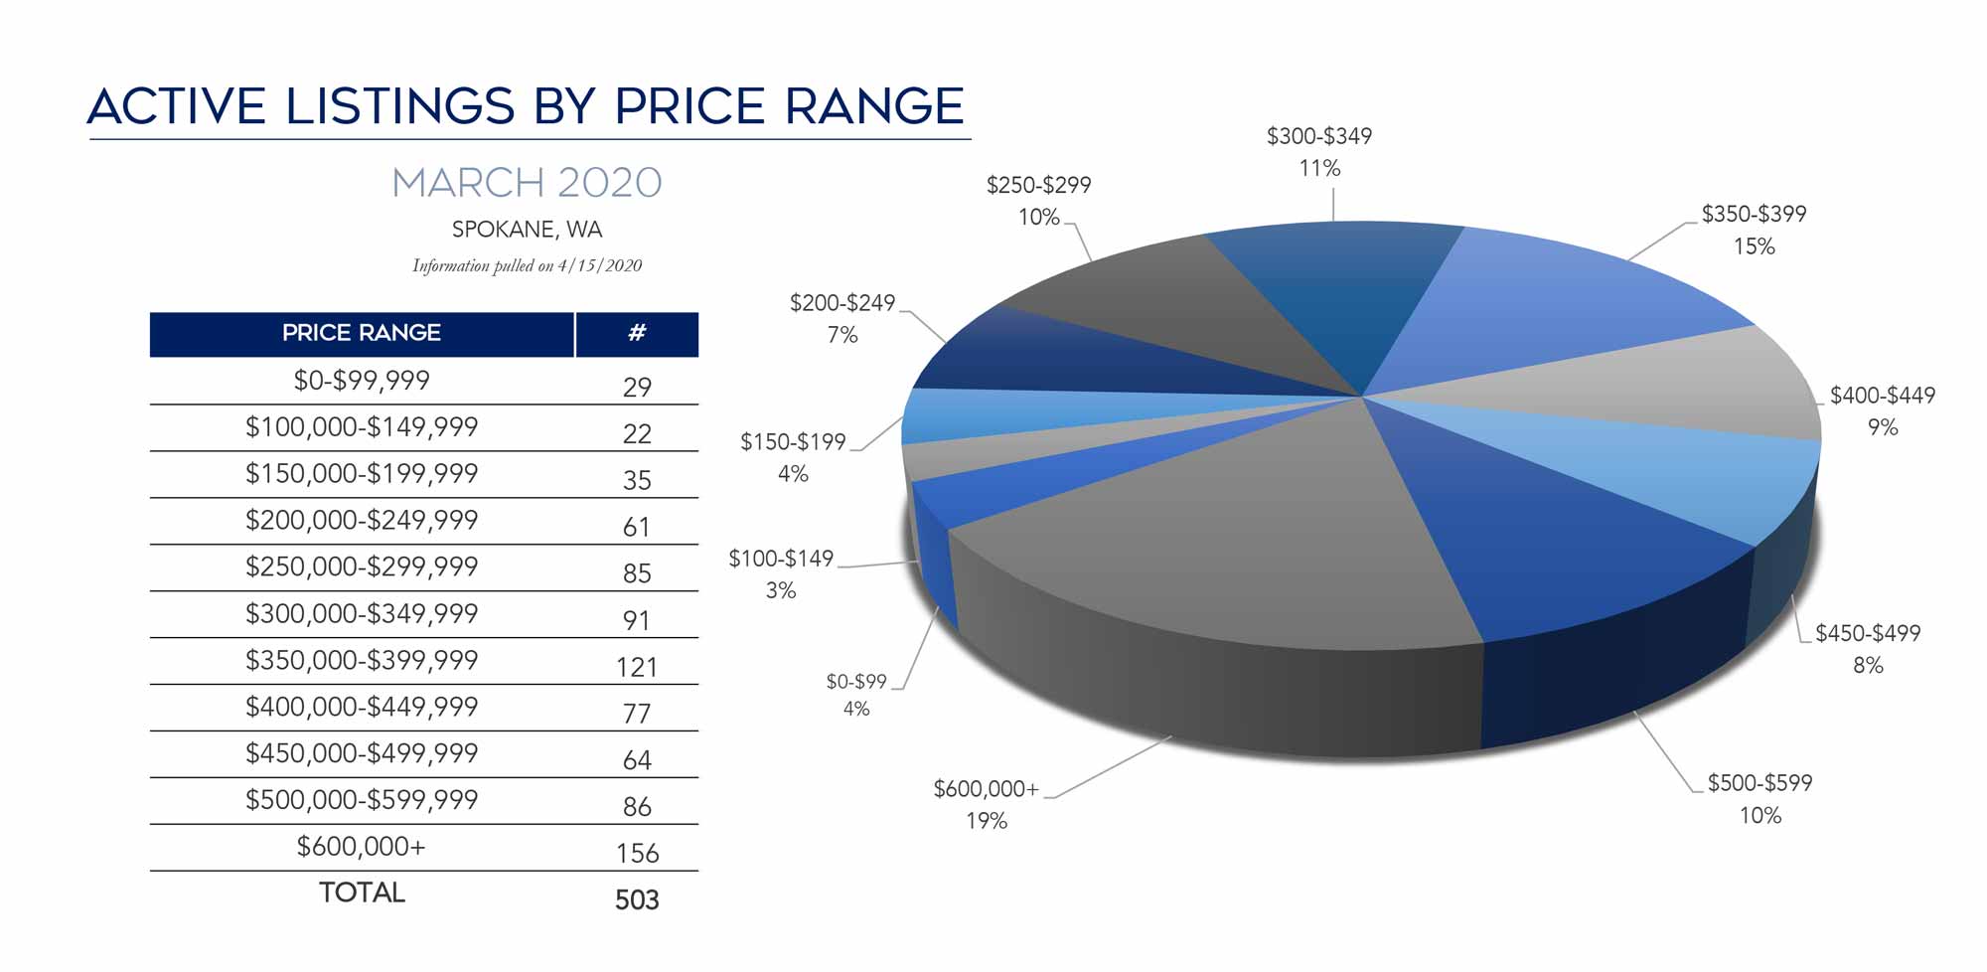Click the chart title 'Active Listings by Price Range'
[x=526, y=106]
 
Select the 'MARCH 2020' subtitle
[x=527, y=183]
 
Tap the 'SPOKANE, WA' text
[x=527, y=230]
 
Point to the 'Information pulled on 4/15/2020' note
[x=527, y=265]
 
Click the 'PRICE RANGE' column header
[x=362, y=333]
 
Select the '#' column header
[x=637, y=333]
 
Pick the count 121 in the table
[x=637, y=667]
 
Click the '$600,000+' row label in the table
[x=362, y=847]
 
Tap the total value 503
[x=637, y=899]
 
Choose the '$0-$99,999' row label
[x=362, y=381]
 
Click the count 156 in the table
[x=637, y=853]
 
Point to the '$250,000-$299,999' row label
[x=362, y=567]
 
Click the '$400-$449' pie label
[x=1882, y=396]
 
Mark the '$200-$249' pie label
[x=842, y=303]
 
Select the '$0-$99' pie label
[x=856, y=682]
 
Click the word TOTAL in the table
[x=362, y=892]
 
